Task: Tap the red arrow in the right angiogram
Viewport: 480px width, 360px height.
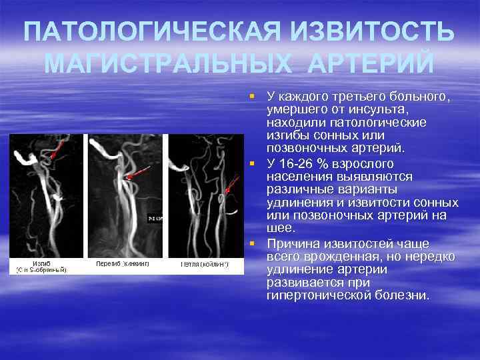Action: coord(232,185)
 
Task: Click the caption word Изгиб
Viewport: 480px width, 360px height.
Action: coord(41,263)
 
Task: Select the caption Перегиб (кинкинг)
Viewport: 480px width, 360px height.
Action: coord(123,263)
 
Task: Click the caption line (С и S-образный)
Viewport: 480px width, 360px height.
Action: coord(41,269)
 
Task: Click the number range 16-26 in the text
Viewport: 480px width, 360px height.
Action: coord(297,164)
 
